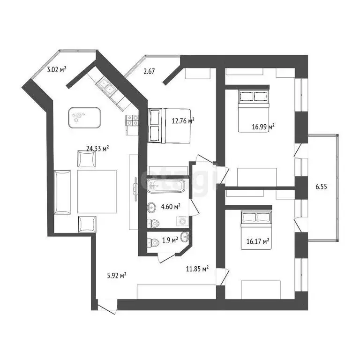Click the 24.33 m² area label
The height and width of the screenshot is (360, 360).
[x=97, y=149]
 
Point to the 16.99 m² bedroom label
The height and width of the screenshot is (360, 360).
[x=263, y=126]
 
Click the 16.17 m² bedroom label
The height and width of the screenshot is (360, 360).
[x=258, y=241]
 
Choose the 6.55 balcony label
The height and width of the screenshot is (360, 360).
[x=321, y=186]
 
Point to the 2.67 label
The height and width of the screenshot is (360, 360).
[x=150, y=71]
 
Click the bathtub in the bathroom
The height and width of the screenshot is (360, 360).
[x=166, y=187]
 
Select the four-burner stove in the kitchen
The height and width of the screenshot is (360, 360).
[x=132, y=120]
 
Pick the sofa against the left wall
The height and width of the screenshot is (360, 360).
[x=62, y=192]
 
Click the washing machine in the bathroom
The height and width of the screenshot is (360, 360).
[x=182, y=221]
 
